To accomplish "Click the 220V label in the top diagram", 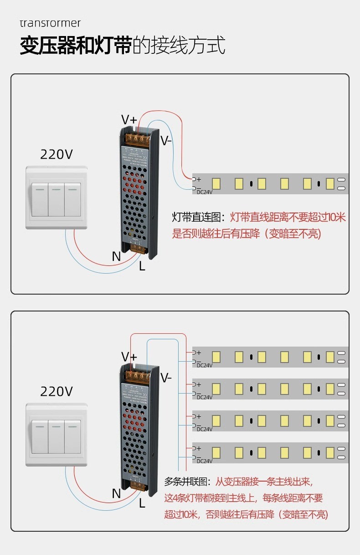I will [x=57, y=155].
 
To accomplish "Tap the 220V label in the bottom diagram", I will [x=57, y=391].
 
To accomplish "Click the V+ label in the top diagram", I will [x=129, y=120].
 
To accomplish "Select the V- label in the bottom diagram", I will [x=166, y=378].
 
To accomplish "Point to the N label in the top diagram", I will [x=116, y=257].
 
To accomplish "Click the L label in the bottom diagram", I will [x=142, y=503].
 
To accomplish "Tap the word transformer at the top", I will [x=50, y=23].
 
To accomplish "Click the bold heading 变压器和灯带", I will [x=76, y=47].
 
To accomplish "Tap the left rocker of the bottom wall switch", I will [x=40, y=436].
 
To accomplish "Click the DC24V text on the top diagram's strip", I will [x=205, y=192].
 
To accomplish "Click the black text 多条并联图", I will [x=188, y=482].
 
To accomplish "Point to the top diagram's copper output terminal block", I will [x=139, y=139].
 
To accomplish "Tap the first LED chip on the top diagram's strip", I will [x=216, y=184].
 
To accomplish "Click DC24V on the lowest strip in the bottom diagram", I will [x=205, y=461].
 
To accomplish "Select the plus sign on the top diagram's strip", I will [x=199, y=179].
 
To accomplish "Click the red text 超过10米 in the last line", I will [x=181, y=515].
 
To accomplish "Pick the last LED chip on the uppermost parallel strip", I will [x=330, y=357].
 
